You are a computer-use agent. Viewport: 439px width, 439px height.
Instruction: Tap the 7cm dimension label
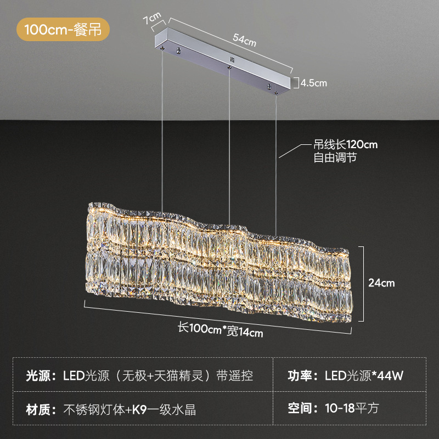151,20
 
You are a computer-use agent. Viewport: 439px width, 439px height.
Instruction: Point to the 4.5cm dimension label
313,83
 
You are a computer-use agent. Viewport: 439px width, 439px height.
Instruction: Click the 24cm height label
381,283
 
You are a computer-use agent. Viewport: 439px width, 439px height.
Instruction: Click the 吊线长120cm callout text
346,145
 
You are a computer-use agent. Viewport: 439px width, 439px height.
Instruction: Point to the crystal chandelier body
219,263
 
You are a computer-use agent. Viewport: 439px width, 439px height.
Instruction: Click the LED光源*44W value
364,376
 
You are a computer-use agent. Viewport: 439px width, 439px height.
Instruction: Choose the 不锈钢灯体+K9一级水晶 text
130,409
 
